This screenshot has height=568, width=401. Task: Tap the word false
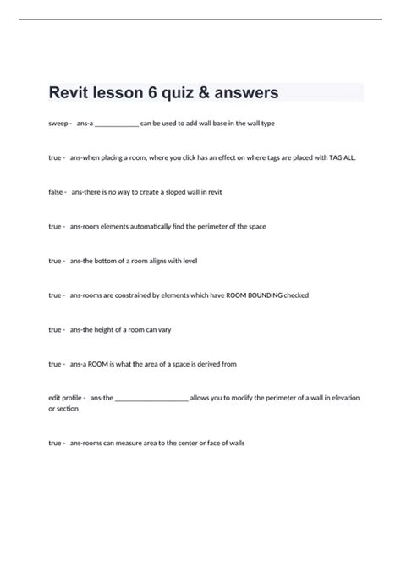tap(57, 192)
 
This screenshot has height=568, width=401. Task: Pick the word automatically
tap(147, 227)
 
